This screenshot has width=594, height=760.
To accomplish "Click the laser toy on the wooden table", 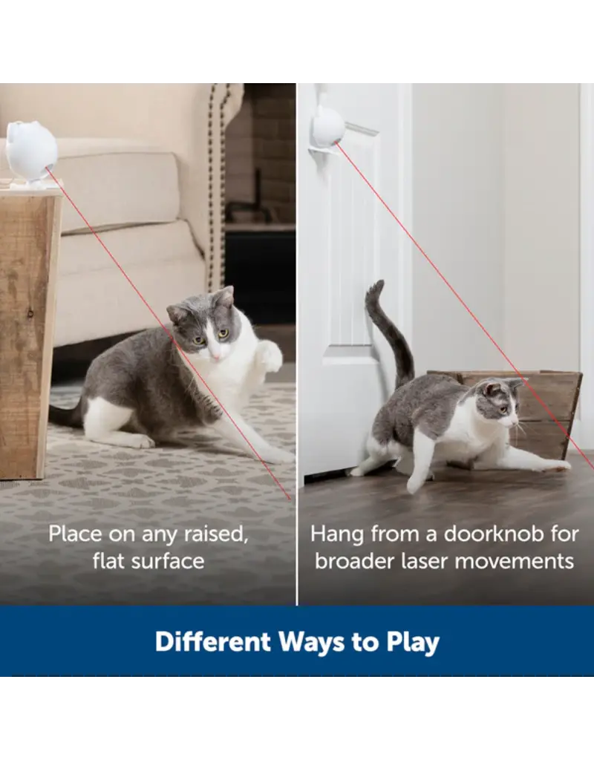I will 32,150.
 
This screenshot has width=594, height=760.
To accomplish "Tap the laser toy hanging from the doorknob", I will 327,128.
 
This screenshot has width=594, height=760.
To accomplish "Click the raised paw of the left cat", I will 269,355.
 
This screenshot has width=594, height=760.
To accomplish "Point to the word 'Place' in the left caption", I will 74,534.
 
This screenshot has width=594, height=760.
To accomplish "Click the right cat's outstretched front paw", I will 555,465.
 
